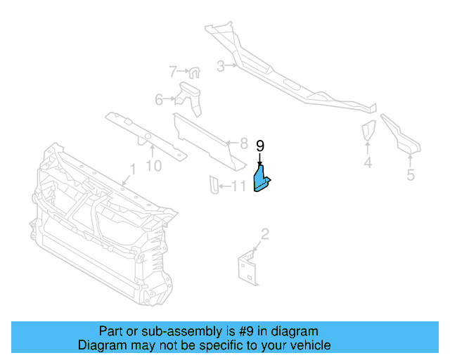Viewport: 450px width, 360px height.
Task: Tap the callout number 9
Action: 260,146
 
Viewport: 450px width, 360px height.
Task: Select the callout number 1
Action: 131,169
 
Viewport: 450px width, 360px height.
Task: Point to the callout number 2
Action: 264,233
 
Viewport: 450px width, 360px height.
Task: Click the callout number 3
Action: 220,66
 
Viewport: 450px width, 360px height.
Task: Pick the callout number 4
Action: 368,164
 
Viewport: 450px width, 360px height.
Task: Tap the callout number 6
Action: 159,99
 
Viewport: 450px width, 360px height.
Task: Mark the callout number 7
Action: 173,71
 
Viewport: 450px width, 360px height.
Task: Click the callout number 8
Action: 243,143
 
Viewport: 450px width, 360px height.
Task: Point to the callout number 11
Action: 239,186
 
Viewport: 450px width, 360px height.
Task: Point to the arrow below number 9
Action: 260,159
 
